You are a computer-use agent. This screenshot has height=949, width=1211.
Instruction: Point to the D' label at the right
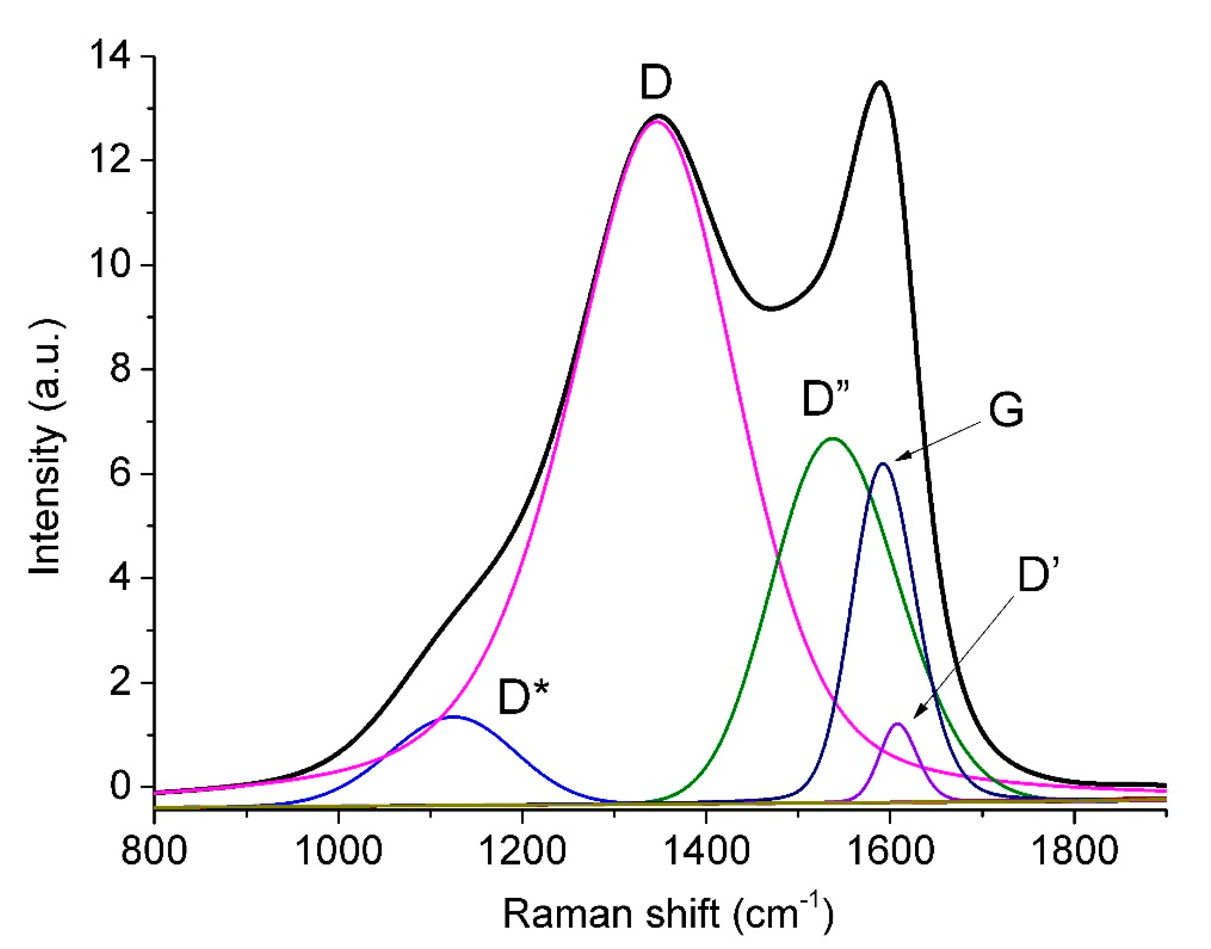[x=1036, y=576]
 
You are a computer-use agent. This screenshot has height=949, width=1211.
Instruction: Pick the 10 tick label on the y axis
[x=112, y=265]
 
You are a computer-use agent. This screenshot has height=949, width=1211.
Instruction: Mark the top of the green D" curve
[x=832, y=439]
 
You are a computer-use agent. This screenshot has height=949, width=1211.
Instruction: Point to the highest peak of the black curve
[x=880, y=82]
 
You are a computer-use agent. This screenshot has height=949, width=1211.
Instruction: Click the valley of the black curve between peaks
[x=771, y=309]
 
